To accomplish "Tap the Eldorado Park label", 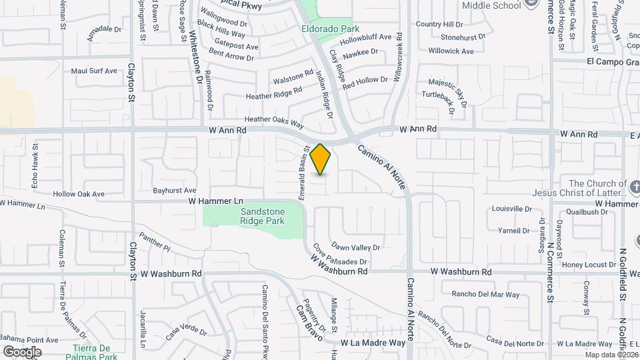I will (330, 29).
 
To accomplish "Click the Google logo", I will (22, 352).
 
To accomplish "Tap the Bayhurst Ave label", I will (174, 190).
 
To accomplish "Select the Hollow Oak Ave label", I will (79, 194).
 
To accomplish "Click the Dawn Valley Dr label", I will (355, 247).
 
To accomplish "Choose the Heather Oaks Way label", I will (274, 122).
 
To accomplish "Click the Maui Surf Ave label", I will (94, 71).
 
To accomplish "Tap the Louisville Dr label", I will (512, 209).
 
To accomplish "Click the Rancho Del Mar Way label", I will (485, 294).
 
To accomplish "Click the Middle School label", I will (491, 5).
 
